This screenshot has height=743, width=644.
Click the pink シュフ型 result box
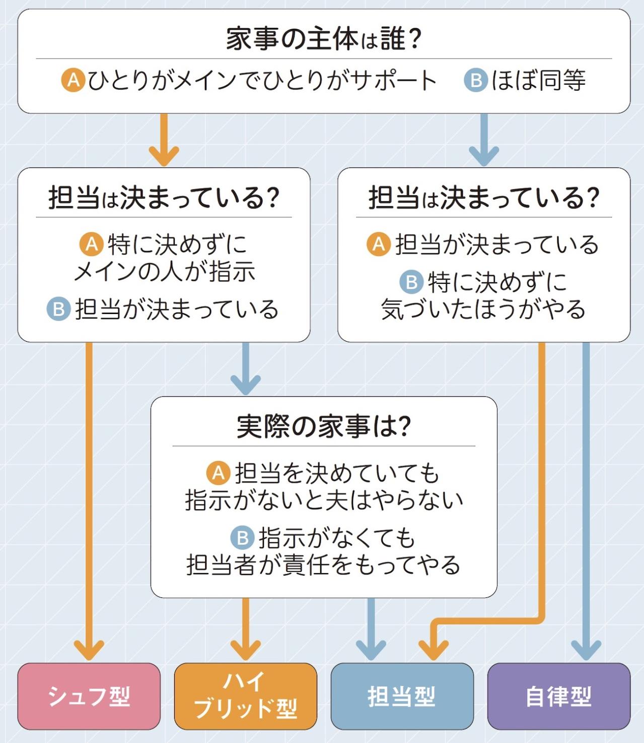click(89, 696)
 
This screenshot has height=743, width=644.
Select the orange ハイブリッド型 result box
click(245, 696)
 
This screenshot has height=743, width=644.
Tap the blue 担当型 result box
click(402, 696)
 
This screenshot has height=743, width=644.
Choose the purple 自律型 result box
click(558, 696)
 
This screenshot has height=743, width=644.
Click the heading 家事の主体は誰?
click(323, 39)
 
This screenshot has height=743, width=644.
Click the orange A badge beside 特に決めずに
click(92, 244)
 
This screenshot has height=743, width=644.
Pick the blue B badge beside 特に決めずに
click(411, 282)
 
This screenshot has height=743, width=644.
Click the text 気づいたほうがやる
click(483, 309)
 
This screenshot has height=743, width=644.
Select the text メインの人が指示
click(164, 272)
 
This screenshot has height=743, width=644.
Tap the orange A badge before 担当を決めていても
click(219, 473)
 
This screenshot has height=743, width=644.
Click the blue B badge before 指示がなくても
click(242, 538)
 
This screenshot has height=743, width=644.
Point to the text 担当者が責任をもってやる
click(323, 565)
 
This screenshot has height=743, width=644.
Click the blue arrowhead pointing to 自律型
click(586, 650)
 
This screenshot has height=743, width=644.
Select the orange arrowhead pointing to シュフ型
click(89, 650)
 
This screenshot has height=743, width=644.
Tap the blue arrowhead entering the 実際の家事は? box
click(245, 385)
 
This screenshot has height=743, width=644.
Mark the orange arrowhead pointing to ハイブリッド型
click(245, 650)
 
